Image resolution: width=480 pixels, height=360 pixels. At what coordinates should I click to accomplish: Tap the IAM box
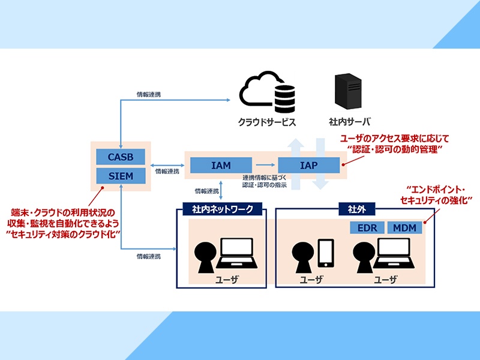pyautogui.click(x=220, y=165)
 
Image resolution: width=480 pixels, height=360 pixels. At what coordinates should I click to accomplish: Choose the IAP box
pyautogui.click(x=308, y=165)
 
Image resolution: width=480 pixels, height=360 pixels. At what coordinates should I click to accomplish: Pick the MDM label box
pyautogui.click(x=405, y=229)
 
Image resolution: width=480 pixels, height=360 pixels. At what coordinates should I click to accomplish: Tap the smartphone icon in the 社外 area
pyautogui.click(x=325, y=253)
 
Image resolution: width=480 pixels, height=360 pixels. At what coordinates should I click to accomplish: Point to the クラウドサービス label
pyautogui.click(x=268, y=122)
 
